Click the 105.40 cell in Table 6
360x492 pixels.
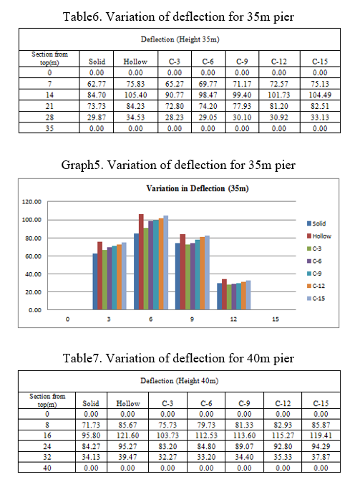tap(135, 95)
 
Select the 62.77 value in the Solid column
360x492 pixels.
tap(97, 84)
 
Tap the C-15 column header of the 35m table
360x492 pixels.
tap(320, 62)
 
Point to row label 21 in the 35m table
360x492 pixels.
tap(49, 106)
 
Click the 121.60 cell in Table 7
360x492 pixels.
tap(127, 435)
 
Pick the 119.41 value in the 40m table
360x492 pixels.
tap(321, 435)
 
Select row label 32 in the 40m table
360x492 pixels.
tap(47, 457)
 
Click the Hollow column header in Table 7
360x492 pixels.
tap(128, 403)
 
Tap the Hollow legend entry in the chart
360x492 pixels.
tap(319, 236)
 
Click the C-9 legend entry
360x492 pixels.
tap(314, 274)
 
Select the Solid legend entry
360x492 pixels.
tap(316, 223)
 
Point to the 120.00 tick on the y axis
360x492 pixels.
tap(31, 202)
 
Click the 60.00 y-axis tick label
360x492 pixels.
tap(33, 256)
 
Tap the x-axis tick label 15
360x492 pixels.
tap(276, 319)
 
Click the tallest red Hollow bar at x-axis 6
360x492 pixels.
tap(141, 262)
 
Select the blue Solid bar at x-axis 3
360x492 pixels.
tap(95, 281)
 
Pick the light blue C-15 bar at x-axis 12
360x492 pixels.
tap(248, 295)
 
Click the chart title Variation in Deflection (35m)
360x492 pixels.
tap(198, 188)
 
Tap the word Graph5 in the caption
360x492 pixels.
tap(82, 165)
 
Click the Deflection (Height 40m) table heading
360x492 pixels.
tap(180, 380)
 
